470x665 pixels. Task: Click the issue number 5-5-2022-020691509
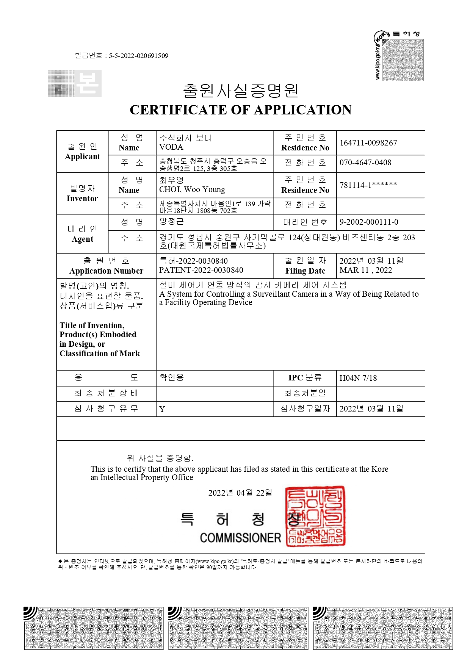point(138,56)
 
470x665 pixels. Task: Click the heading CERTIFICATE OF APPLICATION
point(240,110)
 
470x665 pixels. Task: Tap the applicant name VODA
point(171,147)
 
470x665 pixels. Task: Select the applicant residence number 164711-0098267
point(368,143)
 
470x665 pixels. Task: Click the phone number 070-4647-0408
point(365,163)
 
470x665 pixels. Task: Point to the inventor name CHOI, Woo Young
point(192,189)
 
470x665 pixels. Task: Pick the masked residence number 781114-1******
point(368,185)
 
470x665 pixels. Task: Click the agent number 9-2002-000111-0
point(368,222)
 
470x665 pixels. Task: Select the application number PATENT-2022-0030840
point(201,270)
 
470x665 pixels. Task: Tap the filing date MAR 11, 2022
point(365,270)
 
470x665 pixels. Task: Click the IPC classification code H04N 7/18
point(358,378)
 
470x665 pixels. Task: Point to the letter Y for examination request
point(162,409)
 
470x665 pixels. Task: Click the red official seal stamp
point(315,516)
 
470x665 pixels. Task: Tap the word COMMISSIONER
point(240,538)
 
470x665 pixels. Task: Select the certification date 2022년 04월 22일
point(240,493)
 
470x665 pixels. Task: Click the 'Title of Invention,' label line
point(92,325)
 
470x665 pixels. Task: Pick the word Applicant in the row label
point(82,156)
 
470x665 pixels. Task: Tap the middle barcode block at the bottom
point(238,628)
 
